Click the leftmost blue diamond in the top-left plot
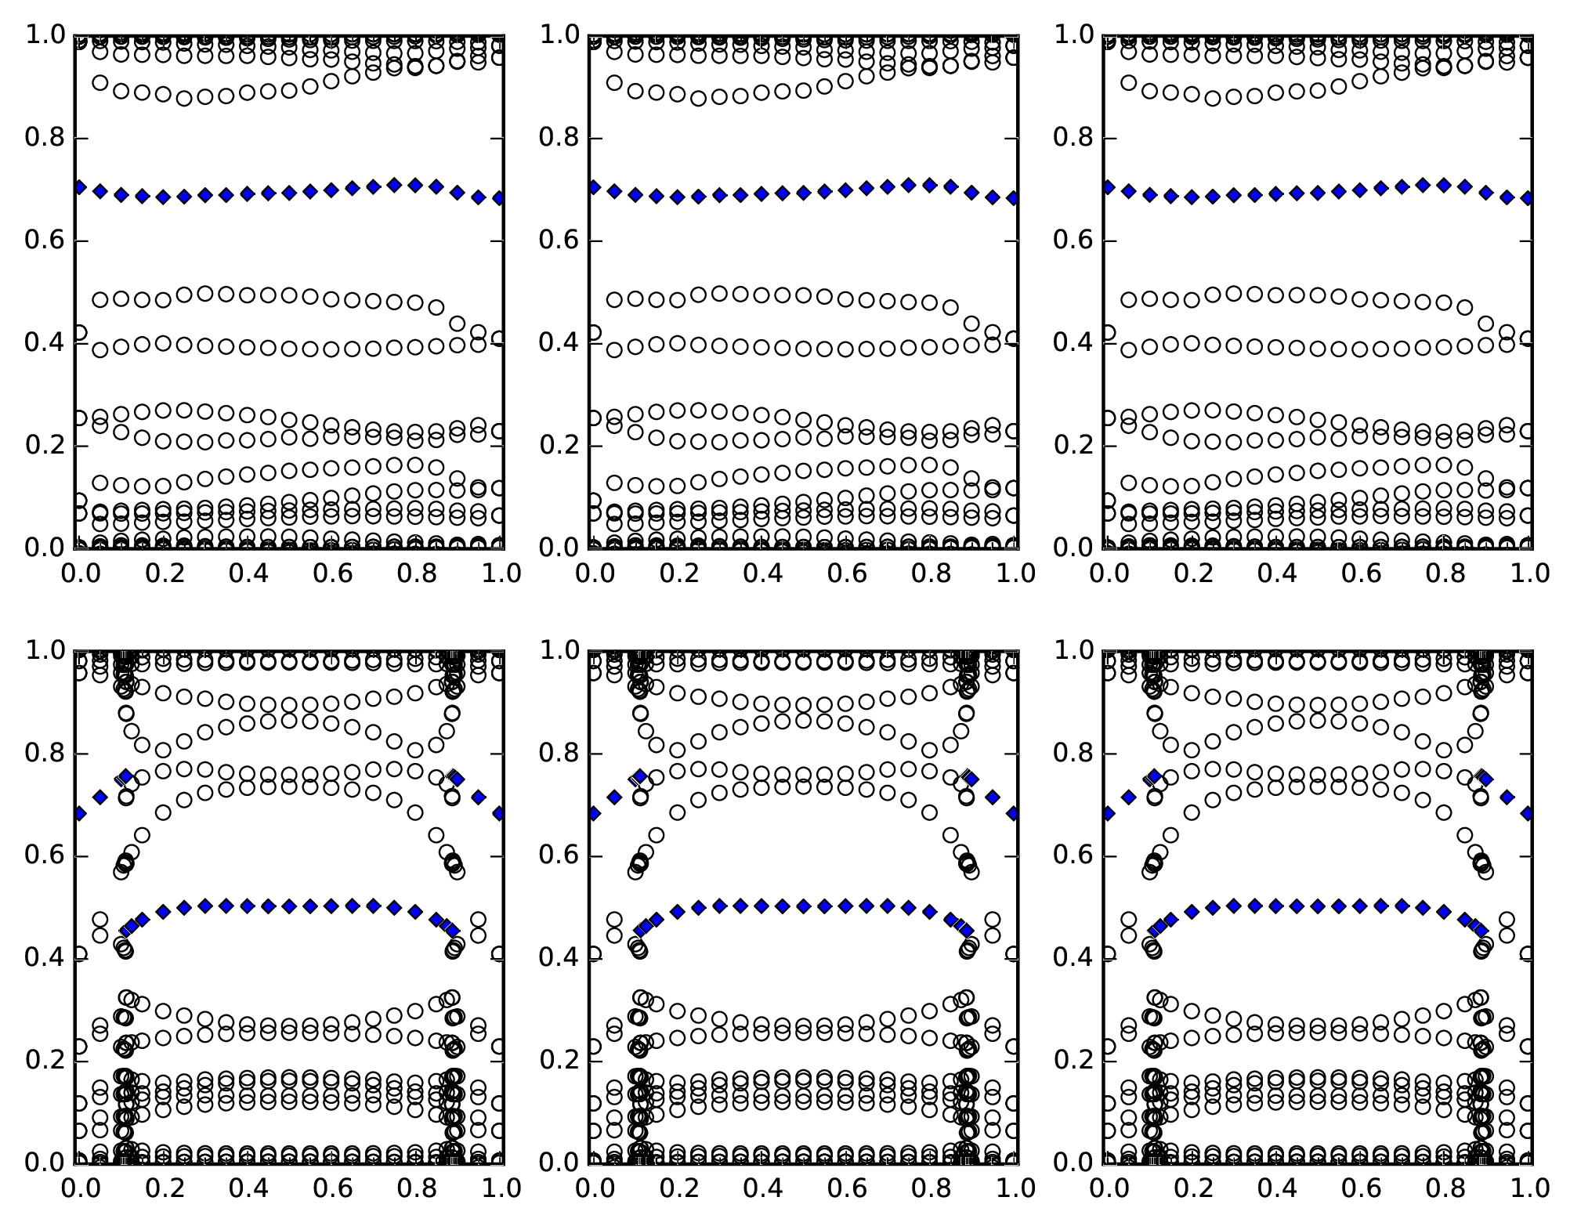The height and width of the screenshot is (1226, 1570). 79,187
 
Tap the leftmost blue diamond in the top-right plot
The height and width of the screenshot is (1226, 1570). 1108,187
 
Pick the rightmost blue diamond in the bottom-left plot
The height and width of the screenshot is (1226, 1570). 500,813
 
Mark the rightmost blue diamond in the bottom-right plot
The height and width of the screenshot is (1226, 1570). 1528,813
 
